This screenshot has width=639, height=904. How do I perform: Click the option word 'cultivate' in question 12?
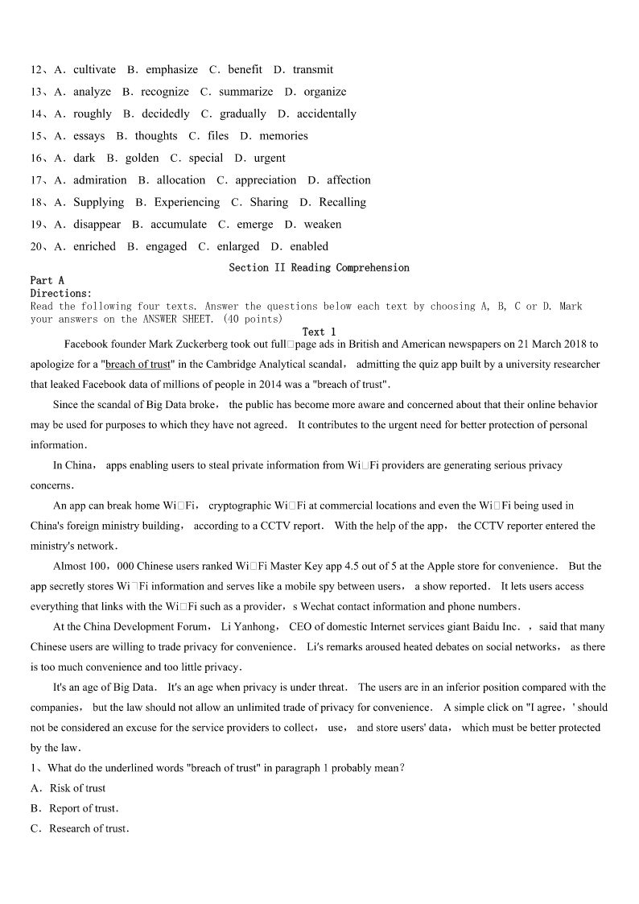[x=94, y=70]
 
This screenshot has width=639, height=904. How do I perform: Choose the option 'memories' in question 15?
[x=283, y=136]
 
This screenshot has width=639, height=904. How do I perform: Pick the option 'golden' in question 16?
[x=142, y=159]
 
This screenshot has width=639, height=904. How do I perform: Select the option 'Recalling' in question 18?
[x=342, y=203]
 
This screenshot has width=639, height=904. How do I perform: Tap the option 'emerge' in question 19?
[x=254, y=225]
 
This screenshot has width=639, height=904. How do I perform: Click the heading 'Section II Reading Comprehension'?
[x=319, y=268]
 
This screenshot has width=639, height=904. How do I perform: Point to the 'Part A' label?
[x=47, y=281]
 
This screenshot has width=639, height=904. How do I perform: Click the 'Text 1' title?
[x=319, y=332]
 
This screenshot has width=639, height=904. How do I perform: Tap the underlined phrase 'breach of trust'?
[x=138, y=365]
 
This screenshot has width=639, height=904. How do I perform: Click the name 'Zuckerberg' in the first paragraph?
[x=192, y=345]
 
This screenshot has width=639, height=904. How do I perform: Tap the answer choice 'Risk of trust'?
[x=77, y=789]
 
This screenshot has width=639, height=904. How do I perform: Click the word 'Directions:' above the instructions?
[x=61, y=294]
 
